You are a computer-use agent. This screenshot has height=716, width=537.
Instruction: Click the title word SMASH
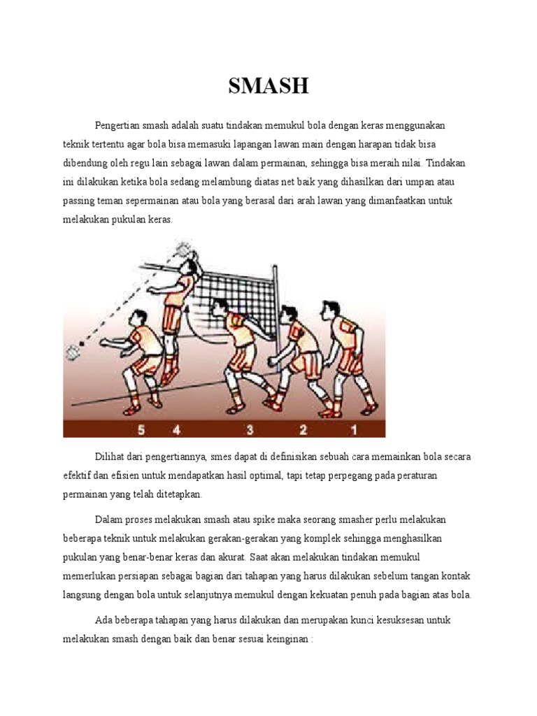click(x=268, y=87)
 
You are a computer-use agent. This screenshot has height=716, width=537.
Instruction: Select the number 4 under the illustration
click(x=176, y=428)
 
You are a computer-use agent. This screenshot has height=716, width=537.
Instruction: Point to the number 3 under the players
click(x=249, y=428)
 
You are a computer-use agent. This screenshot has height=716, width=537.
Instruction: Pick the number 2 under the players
click(x=303, y=428)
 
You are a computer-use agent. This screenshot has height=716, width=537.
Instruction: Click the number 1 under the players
click(x=354, y=428)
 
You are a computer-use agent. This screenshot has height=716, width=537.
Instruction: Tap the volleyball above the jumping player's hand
click(x=183, y=249)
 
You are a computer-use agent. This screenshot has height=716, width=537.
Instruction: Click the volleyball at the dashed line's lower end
click(x=72, y=352)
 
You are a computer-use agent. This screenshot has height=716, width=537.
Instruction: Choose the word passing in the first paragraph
click(x=79, y=201)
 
